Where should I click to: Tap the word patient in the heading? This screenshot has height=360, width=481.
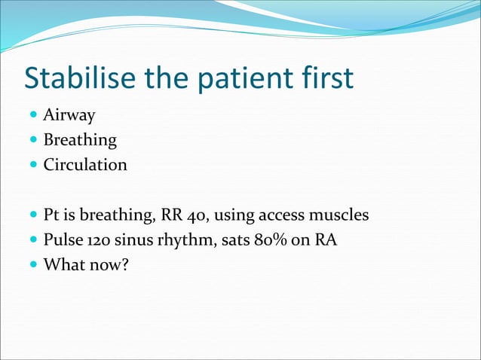(240, 79)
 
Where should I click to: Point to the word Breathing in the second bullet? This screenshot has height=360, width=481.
(80, 140)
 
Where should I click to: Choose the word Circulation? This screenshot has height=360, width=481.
(85, 164)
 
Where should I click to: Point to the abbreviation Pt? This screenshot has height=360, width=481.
(52, 215)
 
